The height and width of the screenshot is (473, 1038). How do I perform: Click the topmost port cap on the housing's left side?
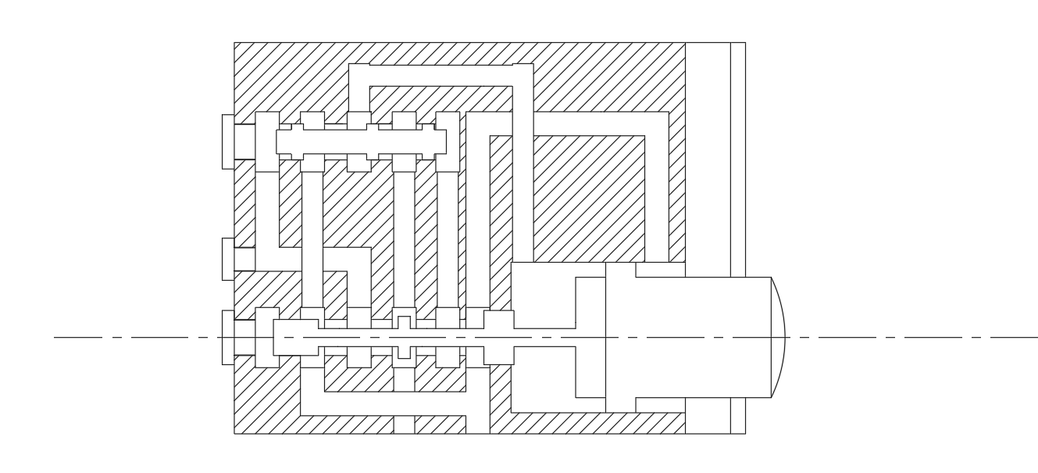click(x=228, y=142)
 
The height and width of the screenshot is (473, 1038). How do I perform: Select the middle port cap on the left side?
click(x=228, y=259)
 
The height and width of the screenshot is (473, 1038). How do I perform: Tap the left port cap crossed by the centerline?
click(x=228, y=337)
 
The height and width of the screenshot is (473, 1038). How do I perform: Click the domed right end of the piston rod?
click(x=778, y=337)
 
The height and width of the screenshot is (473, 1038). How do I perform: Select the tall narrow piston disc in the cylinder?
click(x=620, y=337)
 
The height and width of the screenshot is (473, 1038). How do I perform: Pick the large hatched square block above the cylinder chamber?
click(x=589, y=195)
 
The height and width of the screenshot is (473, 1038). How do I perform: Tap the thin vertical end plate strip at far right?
click(x=737, y=235)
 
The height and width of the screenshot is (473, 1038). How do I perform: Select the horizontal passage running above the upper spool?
click(x=441, y=74)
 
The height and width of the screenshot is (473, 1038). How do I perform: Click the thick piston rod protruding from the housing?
click(x=703, y=337)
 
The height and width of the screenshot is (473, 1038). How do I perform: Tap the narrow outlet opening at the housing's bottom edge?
click(x=403, y=425)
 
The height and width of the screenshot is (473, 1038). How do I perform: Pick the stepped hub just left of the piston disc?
click(x=590, y=337)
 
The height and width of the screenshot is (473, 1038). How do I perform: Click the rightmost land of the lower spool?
click(x=499, y=337)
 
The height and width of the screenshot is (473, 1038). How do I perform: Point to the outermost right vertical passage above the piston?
click(x=677, y=188)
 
